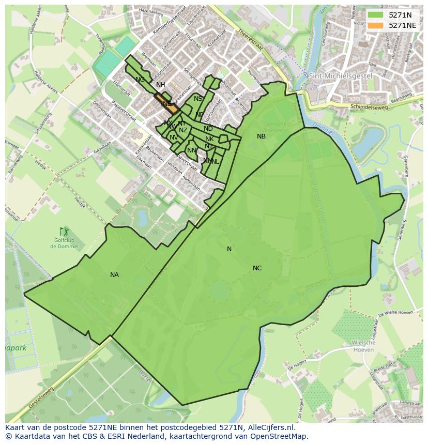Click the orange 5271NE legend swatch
pyautogui.click(x=376, y=25)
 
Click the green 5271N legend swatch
pyautogui.click(x=376, y=15)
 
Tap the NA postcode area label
pyautogui.click(x=114, y=275)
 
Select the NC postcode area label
pyautogui.click(x=257, y=268)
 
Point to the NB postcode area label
pyautogui.click(x=261, y=136)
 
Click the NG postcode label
pyautogui.click(x=140, y=80)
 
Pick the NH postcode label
pyautogui.click(x=160, y=85)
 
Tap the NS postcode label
pyautogui.click(x=198, y=99)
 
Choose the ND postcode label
pyautogui.click(x=208, y=129)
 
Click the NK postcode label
pyautogui.click(x=209, y=139)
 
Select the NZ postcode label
pyautogui.click(x=183, y=130)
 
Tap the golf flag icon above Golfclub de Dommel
pyautogui.click(x=64, y=231)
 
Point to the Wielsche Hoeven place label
pyautogui.click(x=363, y=346)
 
